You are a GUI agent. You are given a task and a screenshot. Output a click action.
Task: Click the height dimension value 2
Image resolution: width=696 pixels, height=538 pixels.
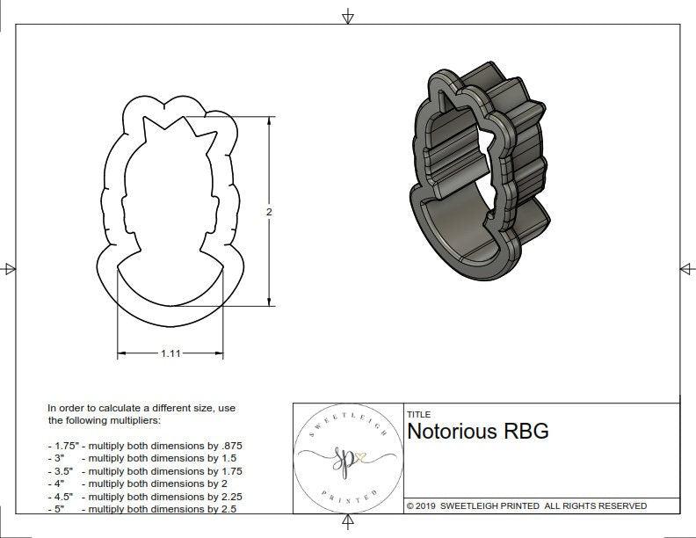(269, 212)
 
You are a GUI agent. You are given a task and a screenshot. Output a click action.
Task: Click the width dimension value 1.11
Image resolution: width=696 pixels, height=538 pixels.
(170, 353)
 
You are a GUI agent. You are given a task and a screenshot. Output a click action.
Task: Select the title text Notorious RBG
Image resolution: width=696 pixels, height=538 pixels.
(478, 431)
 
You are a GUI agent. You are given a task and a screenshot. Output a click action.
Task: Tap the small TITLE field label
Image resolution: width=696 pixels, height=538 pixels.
(418, 414)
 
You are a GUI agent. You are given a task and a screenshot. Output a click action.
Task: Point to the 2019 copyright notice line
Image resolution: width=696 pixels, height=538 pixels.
(526, 505)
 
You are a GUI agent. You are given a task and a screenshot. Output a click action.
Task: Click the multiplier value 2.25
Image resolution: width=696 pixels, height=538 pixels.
(225, 496)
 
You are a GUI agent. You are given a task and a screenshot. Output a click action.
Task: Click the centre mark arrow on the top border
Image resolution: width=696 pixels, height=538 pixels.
(348, 16)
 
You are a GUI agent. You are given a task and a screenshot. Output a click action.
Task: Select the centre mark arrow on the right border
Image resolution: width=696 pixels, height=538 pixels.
(686, 268)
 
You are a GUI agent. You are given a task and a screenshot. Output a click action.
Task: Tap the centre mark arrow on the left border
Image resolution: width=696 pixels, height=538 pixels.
(9, 268)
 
